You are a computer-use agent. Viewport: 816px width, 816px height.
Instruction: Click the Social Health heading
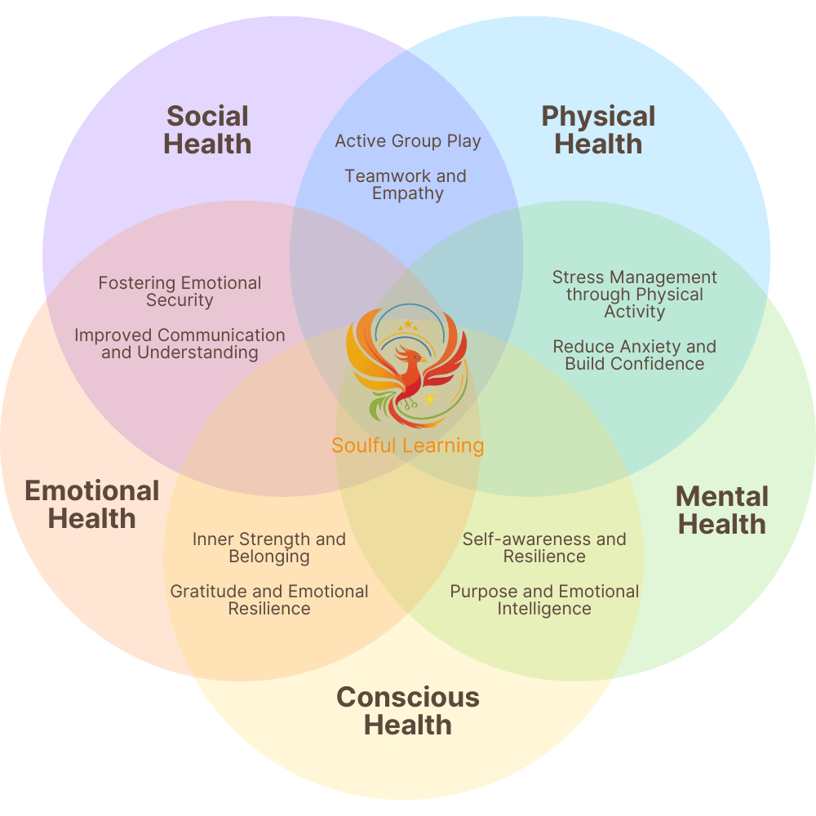(207, 130)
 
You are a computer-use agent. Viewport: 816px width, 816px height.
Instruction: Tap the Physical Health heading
(598, 130)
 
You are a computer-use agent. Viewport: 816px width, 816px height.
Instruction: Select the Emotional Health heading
(92, 504)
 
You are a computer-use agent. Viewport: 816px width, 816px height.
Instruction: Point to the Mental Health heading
(722, 510)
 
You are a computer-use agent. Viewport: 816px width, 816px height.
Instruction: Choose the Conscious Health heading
(408, 711)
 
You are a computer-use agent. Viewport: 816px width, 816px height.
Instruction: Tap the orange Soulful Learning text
(407, 446)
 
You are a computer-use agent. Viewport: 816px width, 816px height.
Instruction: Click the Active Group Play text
(408, 141)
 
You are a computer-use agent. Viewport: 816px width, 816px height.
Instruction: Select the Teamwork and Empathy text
(406, 184)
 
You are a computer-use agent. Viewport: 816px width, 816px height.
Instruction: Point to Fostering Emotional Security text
(180, 291)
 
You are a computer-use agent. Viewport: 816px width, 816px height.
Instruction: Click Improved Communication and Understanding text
(180, 344)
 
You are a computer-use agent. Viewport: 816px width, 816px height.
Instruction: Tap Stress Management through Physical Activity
(634, 295)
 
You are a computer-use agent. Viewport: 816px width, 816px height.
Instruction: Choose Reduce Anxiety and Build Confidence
(634, 355)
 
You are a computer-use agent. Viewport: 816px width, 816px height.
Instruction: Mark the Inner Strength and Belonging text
(269, 548)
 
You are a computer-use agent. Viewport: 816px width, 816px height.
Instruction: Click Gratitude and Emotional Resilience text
(269, 600)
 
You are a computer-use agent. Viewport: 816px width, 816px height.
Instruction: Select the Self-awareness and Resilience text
(544, 548)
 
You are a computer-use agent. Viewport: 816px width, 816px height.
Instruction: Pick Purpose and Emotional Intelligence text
(544, 600)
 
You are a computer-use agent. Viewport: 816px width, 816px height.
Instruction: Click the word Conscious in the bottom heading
(408, 698)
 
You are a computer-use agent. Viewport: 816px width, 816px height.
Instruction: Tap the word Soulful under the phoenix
(364, 446)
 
